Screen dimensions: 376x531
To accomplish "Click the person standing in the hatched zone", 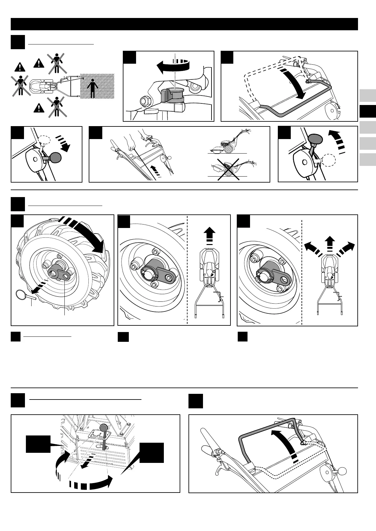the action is [92, 88].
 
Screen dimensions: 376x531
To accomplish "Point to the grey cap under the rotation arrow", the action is [171, 95].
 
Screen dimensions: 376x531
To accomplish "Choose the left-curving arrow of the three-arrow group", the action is [313, 249].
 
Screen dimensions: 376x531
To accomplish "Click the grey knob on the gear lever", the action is [104, 427].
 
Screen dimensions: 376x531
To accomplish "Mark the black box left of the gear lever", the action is [38, 444].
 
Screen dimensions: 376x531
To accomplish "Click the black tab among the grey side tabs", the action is [367, 111].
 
